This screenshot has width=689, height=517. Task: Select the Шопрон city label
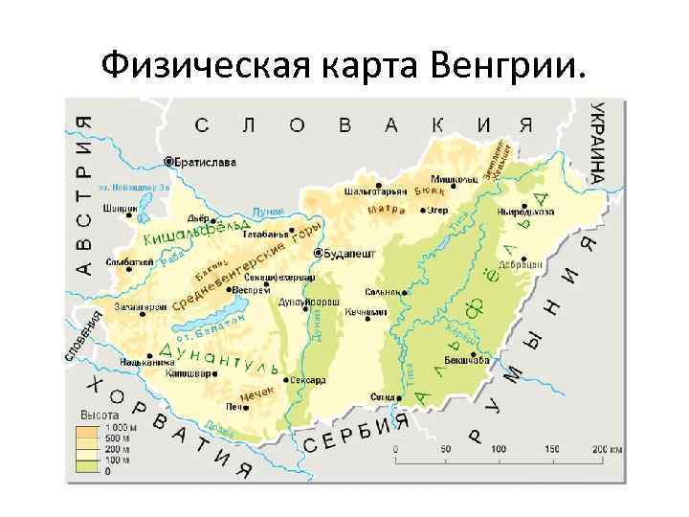[125, 209]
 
